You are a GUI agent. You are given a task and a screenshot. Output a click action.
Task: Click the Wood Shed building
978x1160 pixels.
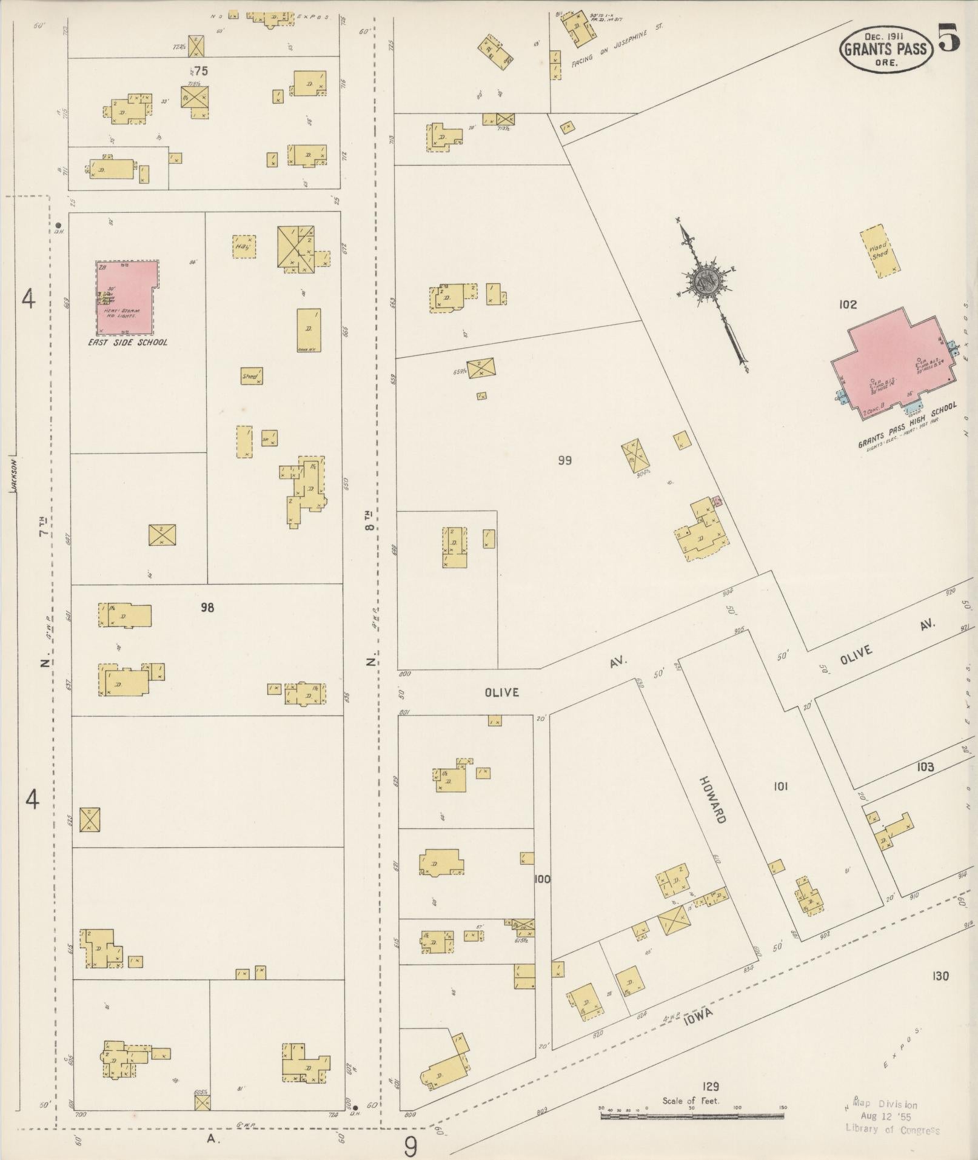(x=880, y=252)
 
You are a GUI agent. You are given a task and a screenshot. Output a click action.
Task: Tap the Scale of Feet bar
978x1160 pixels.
(x=691, y=1115)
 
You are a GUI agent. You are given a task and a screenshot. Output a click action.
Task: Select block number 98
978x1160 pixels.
(x=207, y=607)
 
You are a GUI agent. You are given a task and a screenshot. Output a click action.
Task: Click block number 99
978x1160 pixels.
(x=564, y=460)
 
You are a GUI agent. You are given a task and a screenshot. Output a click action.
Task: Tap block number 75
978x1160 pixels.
(x=201, y=71)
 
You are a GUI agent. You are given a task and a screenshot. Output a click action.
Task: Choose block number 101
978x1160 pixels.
(x=780, y=786)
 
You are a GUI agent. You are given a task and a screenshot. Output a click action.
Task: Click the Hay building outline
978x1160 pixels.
(x=244, y=246)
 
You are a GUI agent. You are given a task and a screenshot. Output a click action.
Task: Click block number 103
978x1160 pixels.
(x=925, y=767)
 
